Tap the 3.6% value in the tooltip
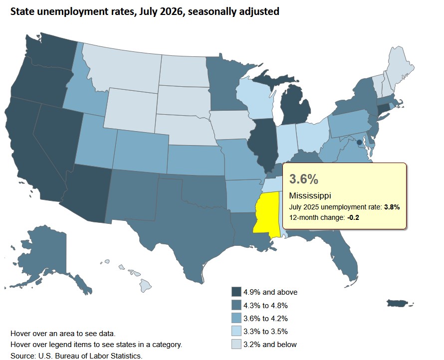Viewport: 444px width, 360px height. click(303, 179)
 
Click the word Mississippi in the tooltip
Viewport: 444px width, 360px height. click(310, 195)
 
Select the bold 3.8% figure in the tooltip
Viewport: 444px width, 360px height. click(392, 207)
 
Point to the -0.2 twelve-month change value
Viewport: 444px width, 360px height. click(353, 217)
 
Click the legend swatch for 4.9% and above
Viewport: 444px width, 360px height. click(236, 292)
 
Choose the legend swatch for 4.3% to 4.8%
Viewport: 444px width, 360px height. click(236, 305)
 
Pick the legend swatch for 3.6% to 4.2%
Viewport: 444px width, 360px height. click(236, 318)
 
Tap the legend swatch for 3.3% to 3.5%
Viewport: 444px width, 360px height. click(236, 331)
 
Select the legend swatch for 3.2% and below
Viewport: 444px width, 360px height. click(236, 344)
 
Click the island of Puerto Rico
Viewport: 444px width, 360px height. click(398, 303)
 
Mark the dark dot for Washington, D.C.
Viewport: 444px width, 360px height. click(359, 143)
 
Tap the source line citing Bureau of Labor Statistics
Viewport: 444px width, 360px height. click(76, 356)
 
